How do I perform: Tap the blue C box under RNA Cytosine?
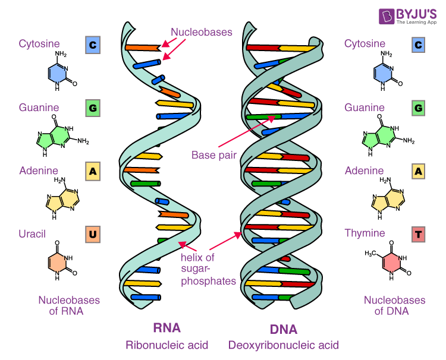tap(92, 45)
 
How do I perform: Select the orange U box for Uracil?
tap(92, 234)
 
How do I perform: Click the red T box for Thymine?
tap(419, 234)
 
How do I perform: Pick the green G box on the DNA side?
tap(419, 108)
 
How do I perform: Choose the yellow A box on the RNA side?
tap(92, 171)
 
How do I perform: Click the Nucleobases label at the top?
tap(202, 32)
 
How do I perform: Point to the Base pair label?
tap(213, 155)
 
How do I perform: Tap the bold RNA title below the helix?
tap(167, 327)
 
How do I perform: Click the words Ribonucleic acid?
tap(167, 345)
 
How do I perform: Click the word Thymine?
tap(365, 233)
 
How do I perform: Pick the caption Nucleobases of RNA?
tap(61, 305)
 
